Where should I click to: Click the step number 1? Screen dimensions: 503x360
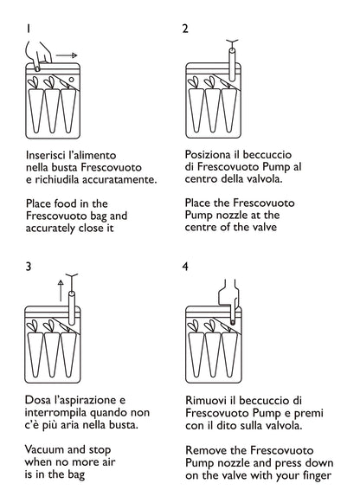coord(29,29)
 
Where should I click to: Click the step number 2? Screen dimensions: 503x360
coord(185,29)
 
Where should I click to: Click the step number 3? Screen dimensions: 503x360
coord(29,267)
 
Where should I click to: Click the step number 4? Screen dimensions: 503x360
coord(185,267)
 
